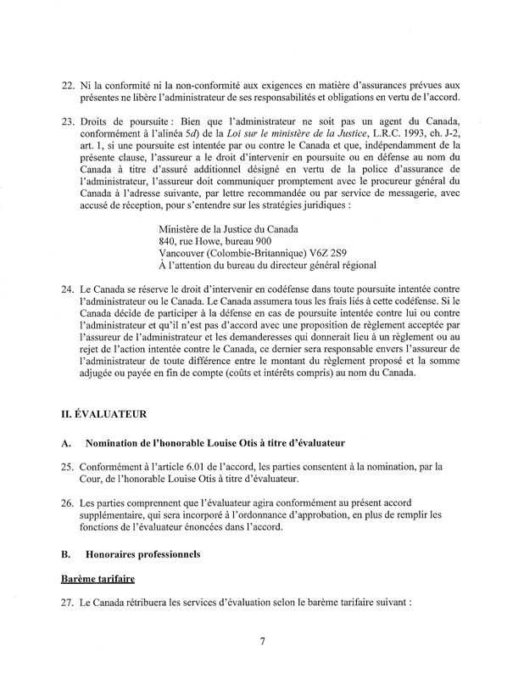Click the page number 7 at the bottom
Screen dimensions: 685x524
pos(263,642)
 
